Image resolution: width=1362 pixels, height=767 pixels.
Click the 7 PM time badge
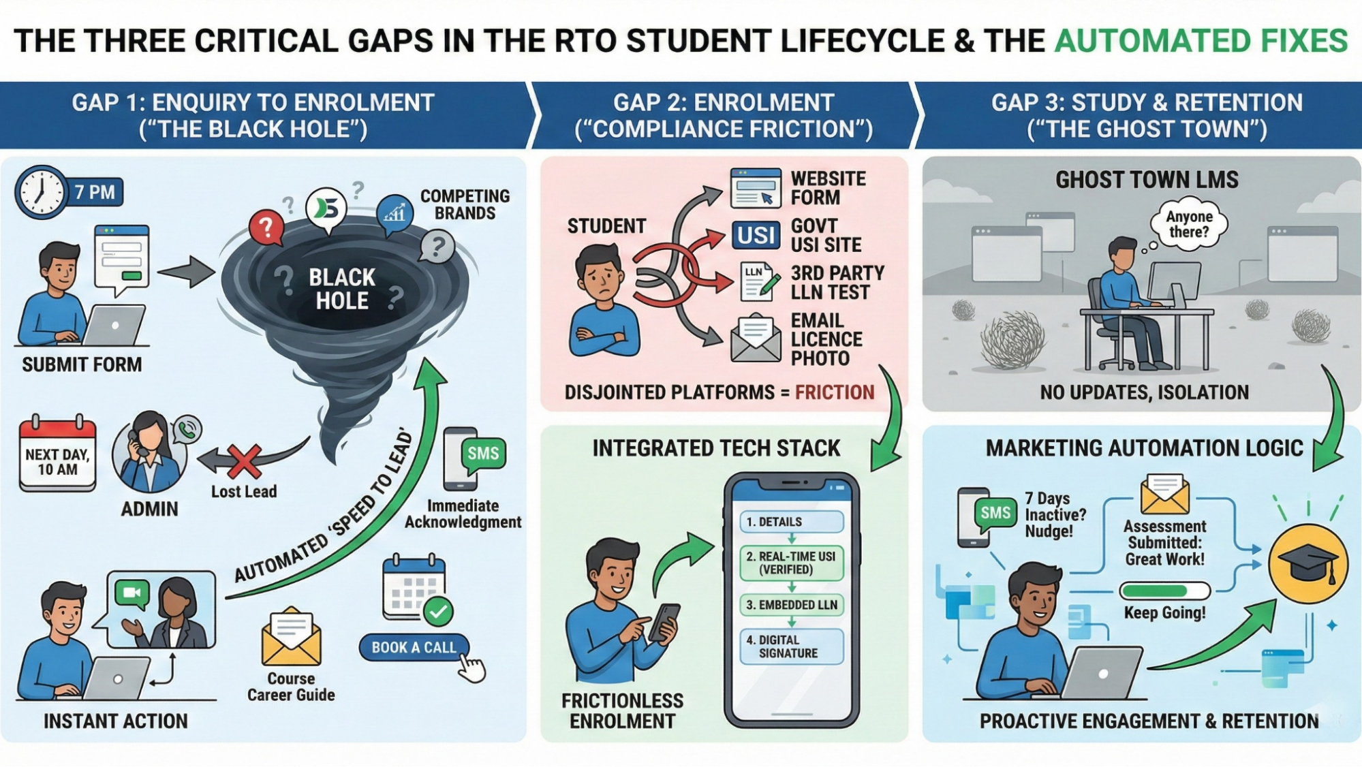[x=95, y=192]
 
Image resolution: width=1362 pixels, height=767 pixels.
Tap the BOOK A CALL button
[x=414, y=647]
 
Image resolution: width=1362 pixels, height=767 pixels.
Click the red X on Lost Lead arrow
[x=245, y=462]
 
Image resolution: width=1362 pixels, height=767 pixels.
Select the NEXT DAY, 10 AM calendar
[x=58, y=455]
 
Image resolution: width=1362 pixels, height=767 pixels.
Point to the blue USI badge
[x=756, y=236]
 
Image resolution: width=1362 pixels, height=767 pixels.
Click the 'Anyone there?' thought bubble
[x=1189, y=224]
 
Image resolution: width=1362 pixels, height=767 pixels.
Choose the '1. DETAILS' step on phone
[x=791, y=522]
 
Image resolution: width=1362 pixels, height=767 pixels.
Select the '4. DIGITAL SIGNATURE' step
[x=791, y=646]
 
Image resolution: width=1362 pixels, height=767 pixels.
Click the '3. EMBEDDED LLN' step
[x=791, y=605]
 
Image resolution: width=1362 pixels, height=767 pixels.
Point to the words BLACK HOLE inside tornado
[x=342, y=289]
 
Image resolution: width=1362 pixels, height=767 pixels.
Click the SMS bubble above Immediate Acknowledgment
[x=482, y=454]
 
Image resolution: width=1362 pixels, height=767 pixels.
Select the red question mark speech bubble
[x=266, y=228]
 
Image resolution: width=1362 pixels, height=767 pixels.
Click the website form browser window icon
[x=755, y=188]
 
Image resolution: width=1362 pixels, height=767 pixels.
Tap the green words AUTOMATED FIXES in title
[x=1201, y=41]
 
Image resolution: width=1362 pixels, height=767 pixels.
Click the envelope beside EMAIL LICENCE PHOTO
[x=755, y=339]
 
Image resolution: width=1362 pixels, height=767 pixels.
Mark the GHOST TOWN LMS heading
[x=1147, y=180]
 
